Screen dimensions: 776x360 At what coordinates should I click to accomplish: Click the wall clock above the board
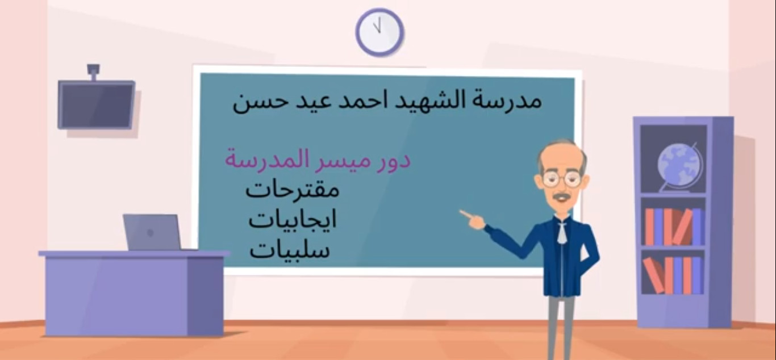[x=379, y=32]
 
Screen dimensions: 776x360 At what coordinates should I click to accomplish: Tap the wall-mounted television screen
[x=97, y=105]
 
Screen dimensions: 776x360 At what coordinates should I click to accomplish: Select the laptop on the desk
[x=152, y=232]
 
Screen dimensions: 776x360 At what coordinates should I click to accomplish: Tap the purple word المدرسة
[x=261, y=160]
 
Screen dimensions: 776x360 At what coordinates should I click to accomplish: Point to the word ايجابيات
[x=293, y=220]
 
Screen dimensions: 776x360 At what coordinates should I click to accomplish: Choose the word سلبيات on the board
[x=290, y=250]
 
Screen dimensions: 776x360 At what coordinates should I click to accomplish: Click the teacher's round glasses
[x=561, y=179]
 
